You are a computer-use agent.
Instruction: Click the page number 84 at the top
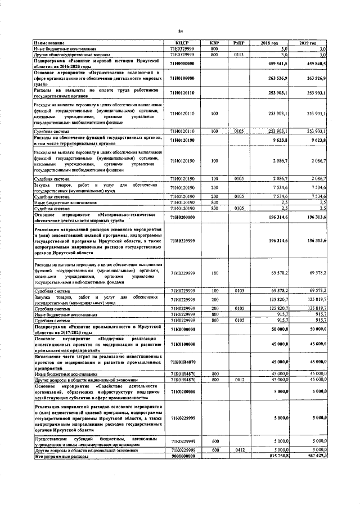coord(181,31)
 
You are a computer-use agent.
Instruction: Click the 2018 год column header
coord(270,43)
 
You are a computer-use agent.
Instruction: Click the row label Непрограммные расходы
coord(58,456)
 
